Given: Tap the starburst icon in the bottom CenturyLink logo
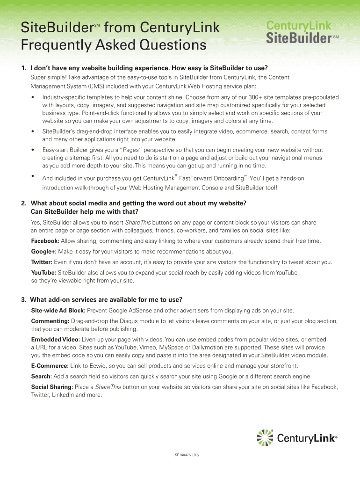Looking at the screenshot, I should click(x=265, y=438).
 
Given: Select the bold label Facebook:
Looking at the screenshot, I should click(x=45, y=241).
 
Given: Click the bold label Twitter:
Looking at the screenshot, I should click(x=42, y=262).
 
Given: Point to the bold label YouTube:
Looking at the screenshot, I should click(x=43, y=273).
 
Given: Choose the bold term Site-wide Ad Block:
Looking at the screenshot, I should click(x=58, y=311).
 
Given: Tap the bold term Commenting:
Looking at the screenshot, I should click(x=50, y=321).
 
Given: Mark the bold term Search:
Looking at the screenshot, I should click(x=41, y=377).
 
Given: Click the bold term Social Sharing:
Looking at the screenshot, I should click(x=52, y=387).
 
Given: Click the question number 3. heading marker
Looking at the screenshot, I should click(x=24, y=300).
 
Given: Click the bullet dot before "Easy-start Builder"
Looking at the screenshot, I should click(x=32, y=150).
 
